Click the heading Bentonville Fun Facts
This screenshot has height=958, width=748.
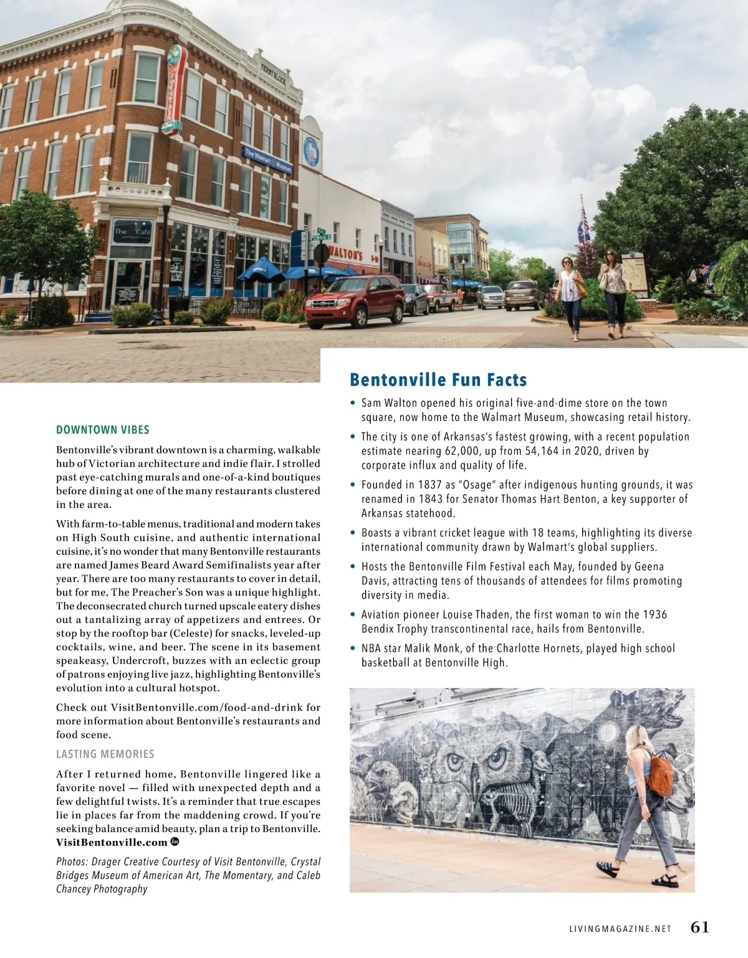coord(438,380)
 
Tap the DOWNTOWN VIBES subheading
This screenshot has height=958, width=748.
coord(103,430)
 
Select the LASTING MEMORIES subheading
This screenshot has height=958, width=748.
coord(105,754)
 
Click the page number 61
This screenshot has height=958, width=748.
coord(700,927)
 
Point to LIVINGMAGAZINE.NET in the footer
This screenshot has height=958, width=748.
coord(620,929)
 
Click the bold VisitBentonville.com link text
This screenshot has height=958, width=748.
coord(112,843)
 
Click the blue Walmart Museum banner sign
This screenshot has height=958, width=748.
coord(267,159)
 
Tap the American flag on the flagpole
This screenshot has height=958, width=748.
coord(585,221)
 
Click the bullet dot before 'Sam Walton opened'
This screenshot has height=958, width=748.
coord(353,403)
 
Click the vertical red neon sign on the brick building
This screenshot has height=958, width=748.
coord(175,90)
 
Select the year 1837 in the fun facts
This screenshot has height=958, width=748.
coord(424,485)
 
